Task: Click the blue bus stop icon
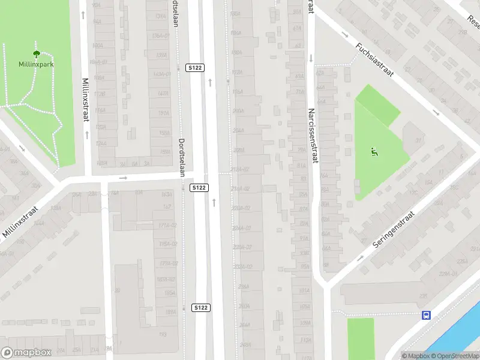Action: (426, 315)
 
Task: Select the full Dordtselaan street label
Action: (182, 157)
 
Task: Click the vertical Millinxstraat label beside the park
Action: (86, 100)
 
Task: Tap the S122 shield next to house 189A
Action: (200, 308)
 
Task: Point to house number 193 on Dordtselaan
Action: (162, 334)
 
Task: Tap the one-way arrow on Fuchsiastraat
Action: (436, 112)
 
